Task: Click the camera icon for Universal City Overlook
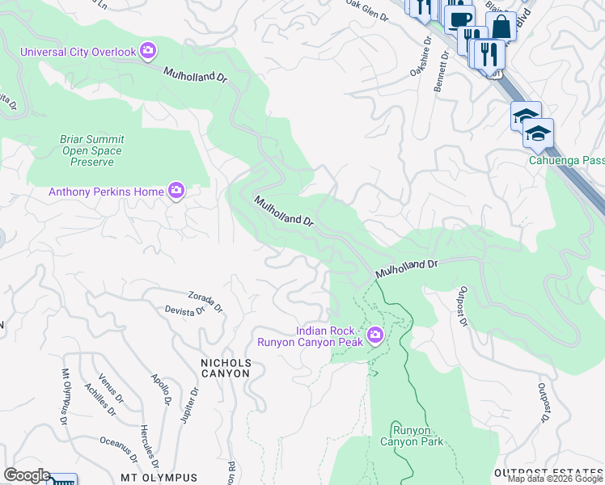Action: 148,52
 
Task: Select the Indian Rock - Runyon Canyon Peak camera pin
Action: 375,335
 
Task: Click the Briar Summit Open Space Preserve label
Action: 91,150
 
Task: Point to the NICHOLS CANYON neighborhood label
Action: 226,369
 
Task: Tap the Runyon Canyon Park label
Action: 412,436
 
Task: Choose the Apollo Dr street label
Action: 162,390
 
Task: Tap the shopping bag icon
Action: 501,26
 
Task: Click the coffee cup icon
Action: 459,19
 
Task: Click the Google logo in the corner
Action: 26,475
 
